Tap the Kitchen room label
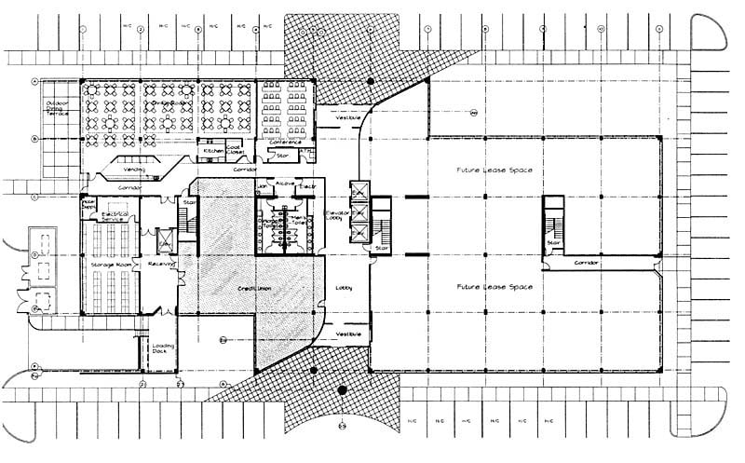pos(213,150)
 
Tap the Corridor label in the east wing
pos(588,263)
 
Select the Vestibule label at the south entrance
pos(347,334)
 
